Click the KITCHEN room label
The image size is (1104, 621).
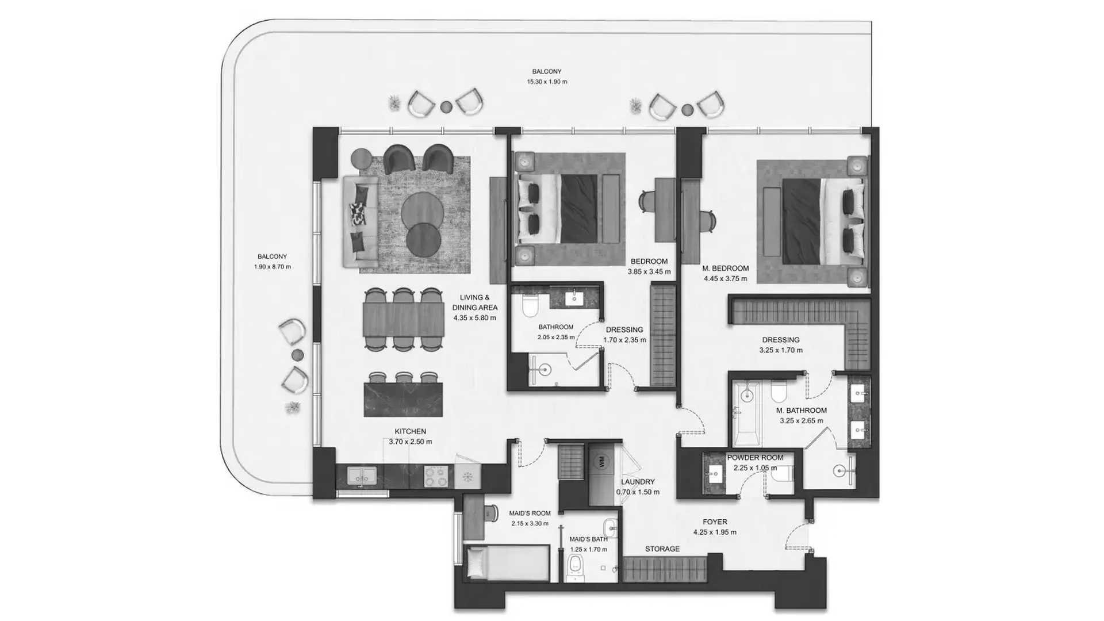(x=410, y=431)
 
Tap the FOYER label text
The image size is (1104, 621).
(x=715, y=522)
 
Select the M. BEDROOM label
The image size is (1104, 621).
(x=725, y=269)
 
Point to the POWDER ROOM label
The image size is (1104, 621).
(x=755, y=458)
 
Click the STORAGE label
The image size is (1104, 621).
(x=662, y=549)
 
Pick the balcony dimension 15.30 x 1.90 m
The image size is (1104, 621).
(x=547, y=82)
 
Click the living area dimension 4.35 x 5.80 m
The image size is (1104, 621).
(x=474, y=318)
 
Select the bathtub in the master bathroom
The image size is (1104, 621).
(x=746, y=412)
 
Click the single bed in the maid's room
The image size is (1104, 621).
(x=507, y=562)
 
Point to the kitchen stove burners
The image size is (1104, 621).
(x=436, y=476)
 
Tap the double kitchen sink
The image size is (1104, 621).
(x=361, y=477)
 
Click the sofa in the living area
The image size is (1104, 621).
(x=361, y=221)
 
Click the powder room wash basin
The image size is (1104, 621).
(x=715, y=475)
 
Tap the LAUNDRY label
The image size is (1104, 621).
(x=638, y=482)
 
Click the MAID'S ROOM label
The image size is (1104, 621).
(x=530, y=513)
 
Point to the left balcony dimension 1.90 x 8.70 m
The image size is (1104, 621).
(x=273, y=267)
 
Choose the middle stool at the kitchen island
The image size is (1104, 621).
(x=404, y=378)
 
